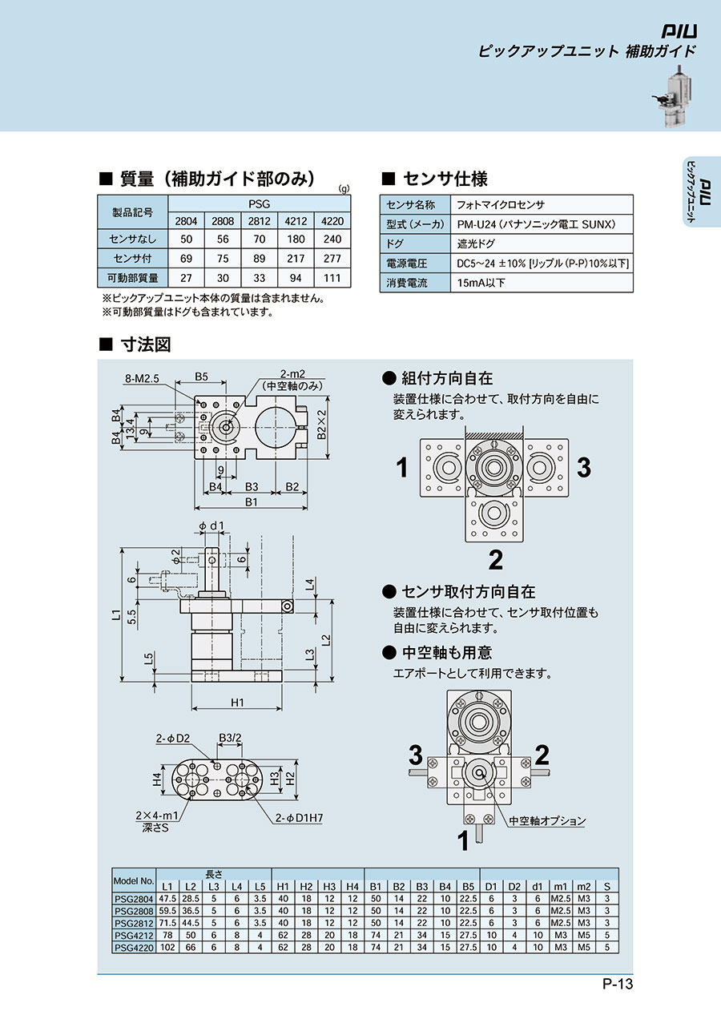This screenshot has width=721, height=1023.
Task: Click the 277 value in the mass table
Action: click(x=332, y=259)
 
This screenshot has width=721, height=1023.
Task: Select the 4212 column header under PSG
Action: click(x=296, y=221)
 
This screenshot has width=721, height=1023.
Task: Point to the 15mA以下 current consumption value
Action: click(x=481, y=283)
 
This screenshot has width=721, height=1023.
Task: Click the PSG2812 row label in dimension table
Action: click(x=134, y=923)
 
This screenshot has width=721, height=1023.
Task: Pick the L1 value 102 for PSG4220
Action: click(x=167, y=947)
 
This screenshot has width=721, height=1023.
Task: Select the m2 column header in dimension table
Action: click(x=583, y=887)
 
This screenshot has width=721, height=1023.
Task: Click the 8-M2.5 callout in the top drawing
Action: click(x=142, y=378)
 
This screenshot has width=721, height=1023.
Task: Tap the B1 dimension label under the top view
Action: click(x=251, y=502)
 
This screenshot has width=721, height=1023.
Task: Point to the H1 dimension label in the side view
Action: click(x=237, y=703)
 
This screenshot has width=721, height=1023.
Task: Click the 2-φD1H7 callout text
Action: click(x=299, y=817)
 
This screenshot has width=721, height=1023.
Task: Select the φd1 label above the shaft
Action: click(x=211, y=526)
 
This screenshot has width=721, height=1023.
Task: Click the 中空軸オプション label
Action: click(x=547, y=820)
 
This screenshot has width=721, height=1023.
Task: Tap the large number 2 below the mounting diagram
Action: click(x=495, y=559)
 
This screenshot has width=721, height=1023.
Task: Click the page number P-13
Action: click(x=618, y=996)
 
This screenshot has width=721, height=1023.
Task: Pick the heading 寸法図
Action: click(x=146, y=344)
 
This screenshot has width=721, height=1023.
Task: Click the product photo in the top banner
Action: click(x=673, y=96)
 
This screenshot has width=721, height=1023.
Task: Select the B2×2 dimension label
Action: click(x=322, y=425)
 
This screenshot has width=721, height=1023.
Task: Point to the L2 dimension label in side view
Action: click(x=325, y=639)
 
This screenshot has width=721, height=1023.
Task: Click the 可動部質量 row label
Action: click(x=132, y=278)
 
